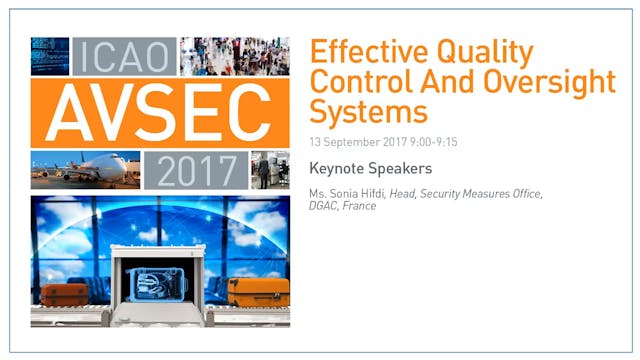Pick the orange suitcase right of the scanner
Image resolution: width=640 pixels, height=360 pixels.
point(258,292)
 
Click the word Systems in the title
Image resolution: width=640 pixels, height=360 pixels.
point(368,108)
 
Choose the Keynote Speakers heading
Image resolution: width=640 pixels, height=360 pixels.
point(370,168)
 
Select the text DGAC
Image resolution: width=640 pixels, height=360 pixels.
point(326,206)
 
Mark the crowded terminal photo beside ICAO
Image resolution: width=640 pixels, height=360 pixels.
point(234,56)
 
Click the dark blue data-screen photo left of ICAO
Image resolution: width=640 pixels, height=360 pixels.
point(50,56)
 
